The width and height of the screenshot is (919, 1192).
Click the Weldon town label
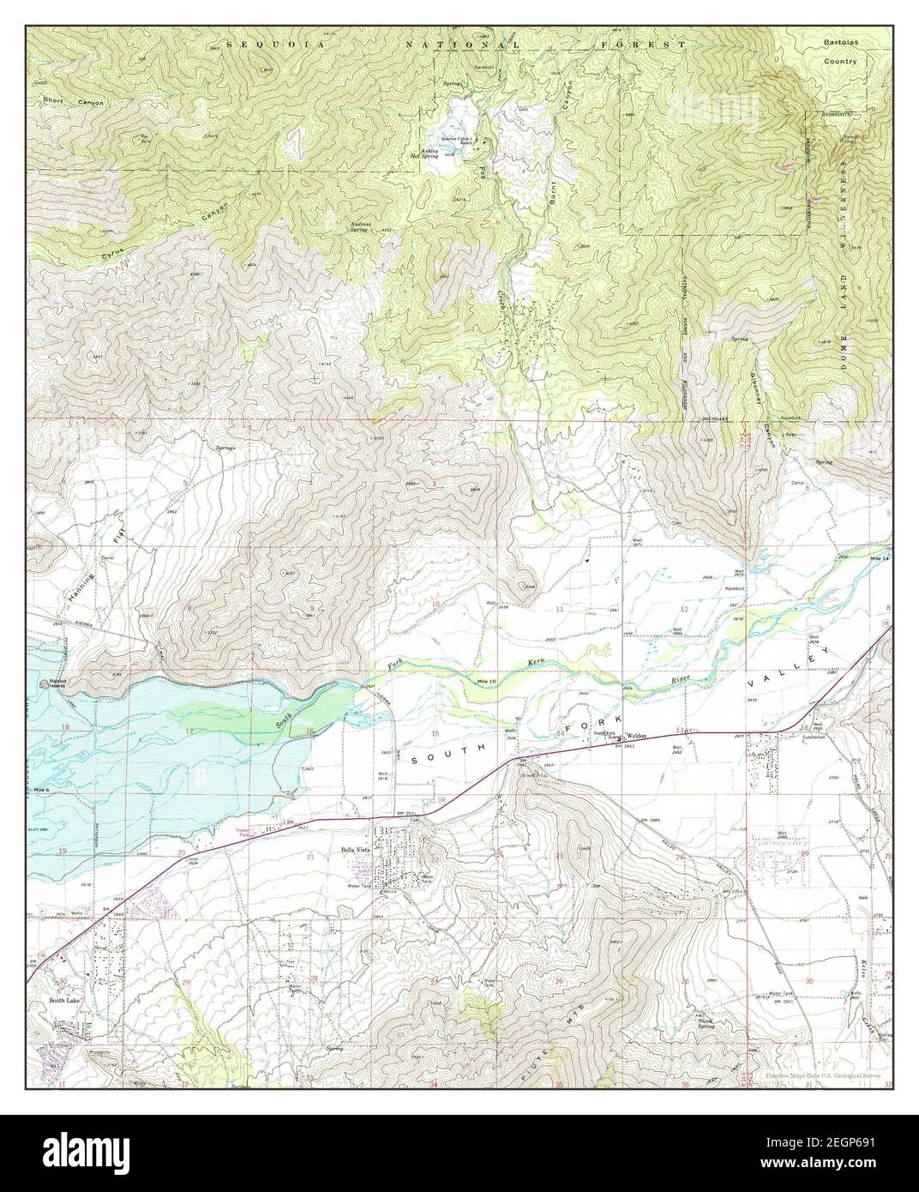[635, 736]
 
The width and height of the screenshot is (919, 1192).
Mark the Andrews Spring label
[363, 227]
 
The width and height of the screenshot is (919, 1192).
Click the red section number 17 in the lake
[189, 730]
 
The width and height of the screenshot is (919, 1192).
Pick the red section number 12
[683, 609]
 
